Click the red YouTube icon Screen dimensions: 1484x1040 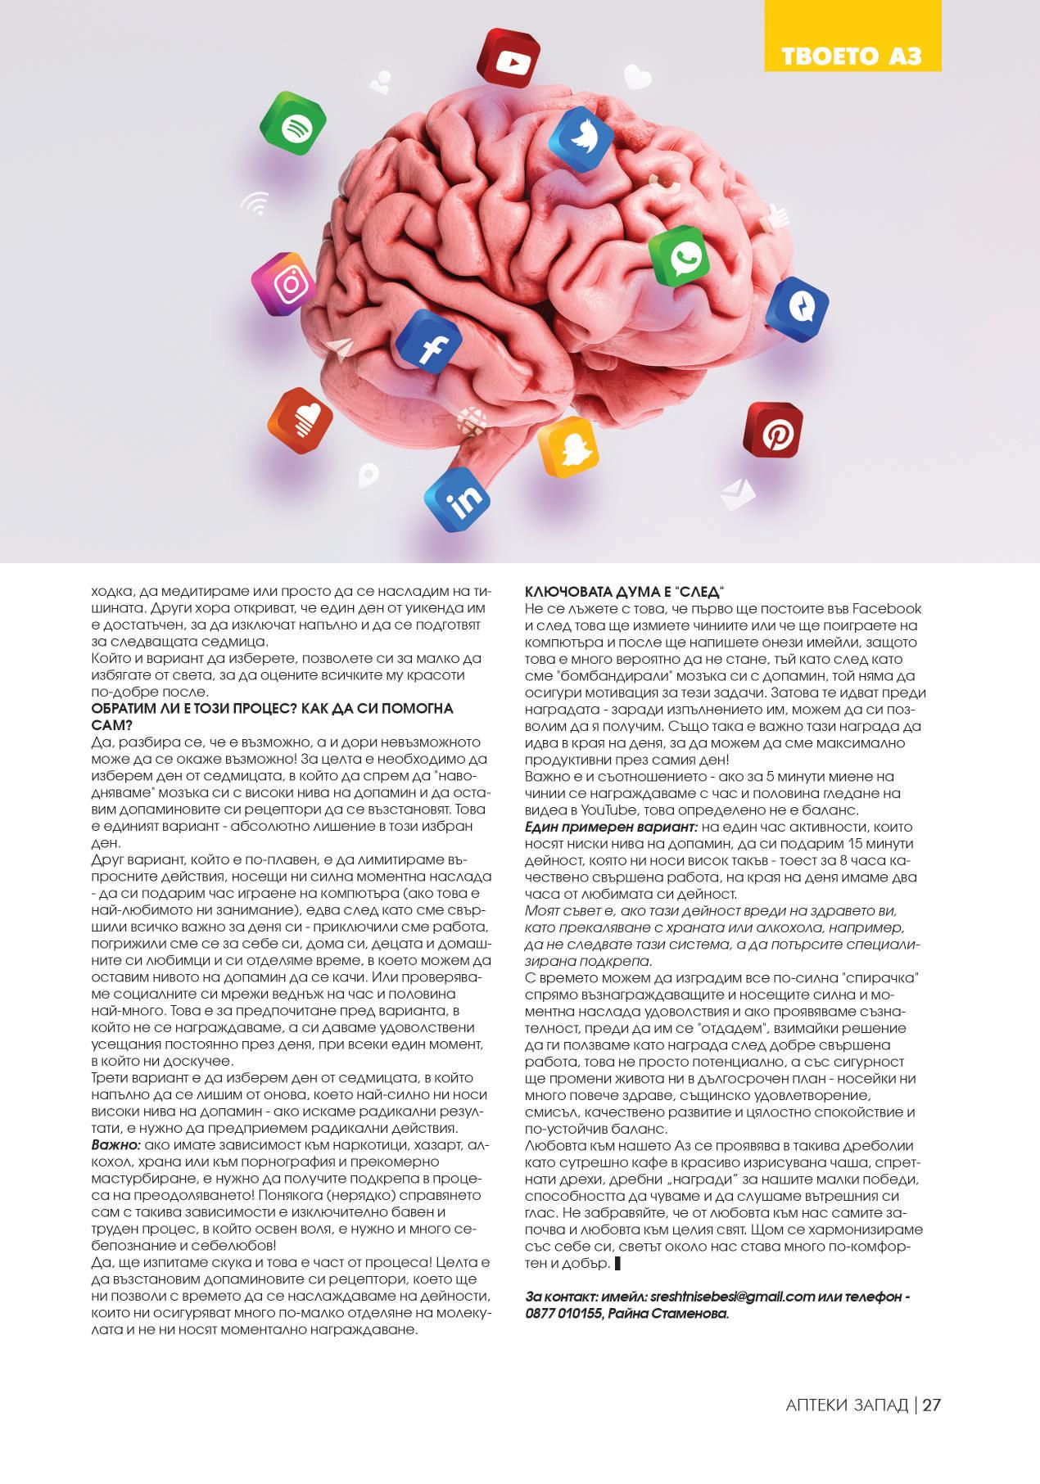[509, 58]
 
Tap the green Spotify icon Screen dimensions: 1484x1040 [293, 126]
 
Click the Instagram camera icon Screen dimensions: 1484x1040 [284, 285]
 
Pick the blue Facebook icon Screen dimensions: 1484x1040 [428, 343]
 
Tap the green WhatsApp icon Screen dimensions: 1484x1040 [680, 258]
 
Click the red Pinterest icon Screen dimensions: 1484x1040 [773, 431]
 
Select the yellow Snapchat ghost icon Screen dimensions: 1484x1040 [568, 447]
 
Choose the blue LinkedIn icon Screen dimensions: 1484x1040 [458, 499]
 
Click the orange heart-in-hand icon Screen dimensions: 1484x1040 [301, 422]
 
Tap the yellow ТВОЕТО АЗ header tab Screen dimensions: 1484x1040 [852, 55]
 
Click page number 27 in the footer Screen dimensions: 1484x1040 [932, 1405]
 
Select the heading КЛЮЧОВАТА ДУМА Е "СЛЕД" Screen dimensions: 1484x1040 [626, 592]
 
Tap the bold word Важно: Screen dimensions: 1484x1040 [116, 1144]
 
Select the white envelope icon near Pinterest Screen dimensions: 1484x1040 [738, 494]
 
